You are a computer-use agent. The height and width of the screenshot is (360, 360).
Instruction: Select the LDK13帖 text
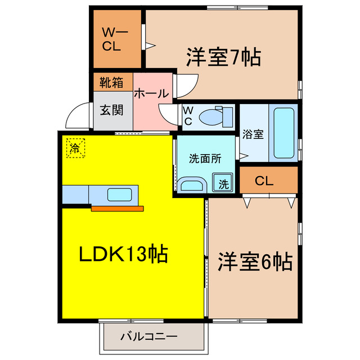pos(122,255)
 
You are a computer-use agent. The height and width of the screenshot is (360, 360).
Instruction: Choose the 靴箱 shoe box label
pos(111,82)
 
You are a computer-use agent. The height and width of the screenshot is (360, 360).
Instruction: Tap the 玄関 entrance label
pos(111,110)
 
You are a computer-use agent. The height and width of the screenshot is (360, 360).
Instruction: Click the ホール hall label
pos(151,93)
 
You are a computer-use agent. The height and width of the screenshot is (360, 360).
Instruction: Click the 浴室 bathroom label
pos(253,134)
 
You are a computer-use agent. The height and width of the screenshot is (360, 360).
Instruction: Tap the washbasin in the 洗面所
pos(193,184)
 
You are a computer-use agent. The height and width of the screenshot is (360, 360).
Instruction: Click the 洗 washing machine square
pos(224,183)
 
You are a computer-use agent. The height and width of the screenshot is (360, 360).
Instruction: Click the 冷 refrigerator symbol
pos(74,148)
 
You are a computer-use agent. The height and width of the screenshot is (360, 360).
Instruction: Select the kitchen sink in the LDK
pos(120,195)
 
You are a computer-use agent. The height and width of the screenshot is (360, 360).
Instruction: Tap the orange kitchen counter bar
pos(118,209)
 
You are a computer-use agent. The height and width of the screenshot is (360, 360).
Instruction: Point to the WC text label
pos(188,116)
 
